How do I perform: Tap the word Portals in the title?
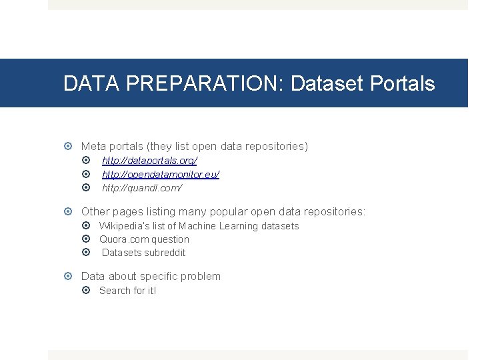pyautogui.click(x=402, y=84)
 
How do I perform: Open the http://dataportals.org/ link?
pyautogui.click(x=149, y=161)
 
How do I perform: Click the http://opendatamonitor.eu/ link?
pyautogui.click(x=161, y=174)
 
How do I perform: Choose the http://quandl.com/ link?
pyautogui.click(x=142, y=188)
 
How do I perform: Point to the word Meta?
pyautogui.click(x=93, y=146)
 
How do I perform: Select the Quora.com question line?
pyautogui.click(x=144, y=239)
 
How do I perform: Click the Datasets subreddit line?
pyautogui.click(x=143, y=253)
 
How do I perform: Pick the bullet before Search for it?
pyautogui.click(x=89, y=291)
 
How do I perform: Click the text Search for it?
pyautogui.click(x=127, y=291)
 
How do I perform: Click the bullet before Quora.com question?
pyautogui.click(x=89, y=239)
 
